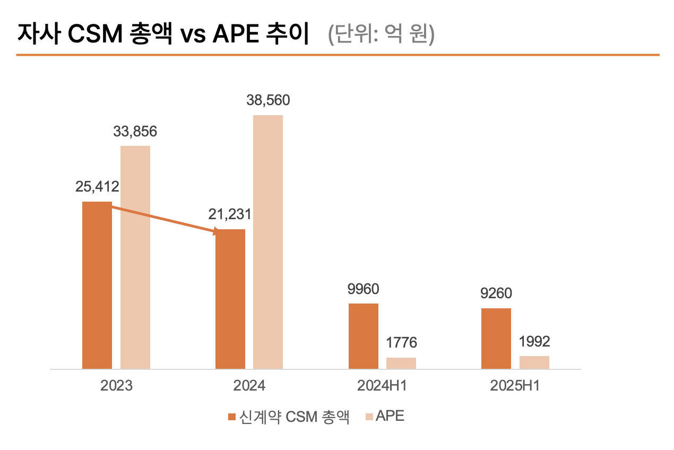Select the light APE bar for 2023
[135, 257]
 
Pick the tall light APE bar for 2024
[268, 241]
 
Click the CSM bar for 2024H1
[364, 336]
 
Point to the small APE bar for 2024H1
[401, 363]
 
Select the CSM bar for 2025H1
[496, 338]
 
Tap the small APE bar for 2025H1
[534, 362]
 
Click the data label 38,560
[268, 100]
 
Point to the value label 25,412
[97, 186]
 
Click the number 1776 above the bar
[401, 343]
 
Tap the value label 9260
[496, 293]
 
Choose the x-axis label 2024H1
[382, 386]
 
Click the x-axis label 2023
[116, 386]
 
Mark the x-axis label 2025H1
[515, 386]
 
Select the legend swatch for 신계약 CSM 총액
[231, 417]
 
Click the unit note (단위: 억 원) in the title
[381, 35]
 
